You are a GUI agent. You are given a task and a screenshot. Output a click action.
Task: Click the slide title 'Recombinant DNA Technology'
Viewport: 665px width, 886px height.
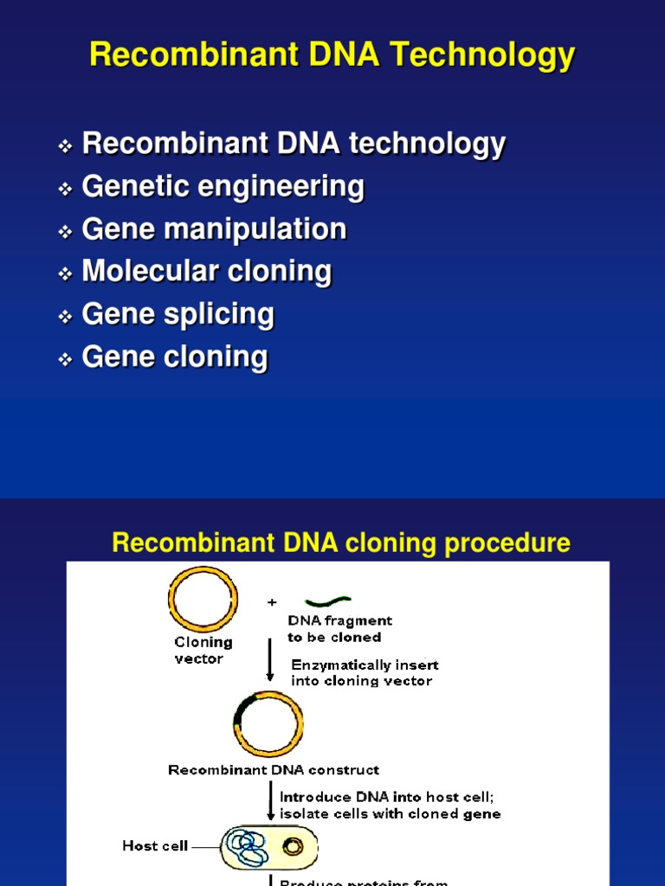(332, 55)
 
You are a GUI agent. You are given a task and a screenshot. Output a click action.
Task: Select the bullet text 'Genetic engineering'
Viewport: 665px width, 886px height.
(223, 187)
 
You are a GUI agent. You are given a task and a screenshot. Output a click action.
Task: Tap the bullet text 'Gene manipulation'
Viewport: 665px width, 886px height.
(214, 229)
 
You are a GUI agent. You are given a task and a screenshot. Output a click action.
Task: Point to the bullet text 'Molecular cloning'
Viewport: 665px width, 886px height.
(206, 272)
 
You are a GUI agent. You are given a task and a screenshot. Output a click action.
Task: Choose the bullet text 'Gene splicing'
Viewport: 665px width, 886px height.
(178, 314)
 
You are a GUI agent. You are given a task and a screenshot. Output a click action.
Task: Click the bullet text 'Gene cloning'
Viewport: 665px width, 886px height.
(175, 356)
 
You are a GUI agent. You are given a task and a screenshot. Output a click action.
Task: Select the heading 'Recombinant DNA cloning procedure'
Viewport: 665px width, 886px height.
(341, 543)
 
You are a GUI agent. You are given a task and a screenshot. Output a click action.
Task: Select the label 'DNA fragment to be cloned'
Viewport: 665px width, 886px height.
(339, 628)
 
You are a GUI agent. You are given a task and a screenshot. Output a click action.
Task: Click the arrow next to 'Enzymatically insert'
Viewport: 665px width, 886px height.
(270, 666)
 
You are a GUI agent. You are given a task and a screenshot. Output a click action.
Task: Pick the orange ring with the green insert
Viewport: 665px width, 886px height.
(268, 723)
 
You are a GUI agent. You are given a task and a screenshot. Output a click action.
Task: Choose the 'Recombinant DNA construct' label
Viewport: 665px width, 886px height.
(273, 769)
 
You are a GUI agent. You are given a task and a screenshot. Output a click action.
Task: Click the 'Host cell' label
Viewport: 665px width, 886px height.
(155, 845)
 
